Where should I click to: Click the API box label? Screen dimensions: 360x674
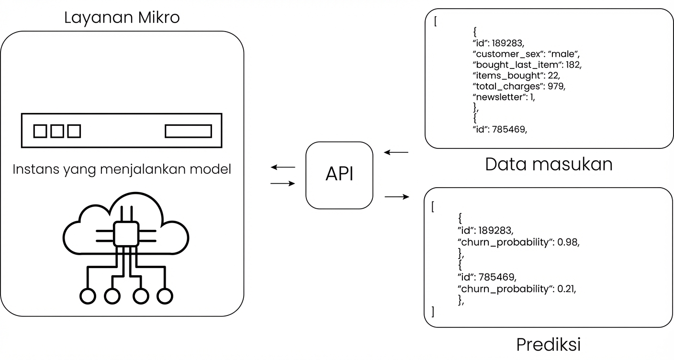[339, 175]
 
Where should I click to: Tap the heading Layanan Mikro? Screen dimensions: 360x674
[122, 18]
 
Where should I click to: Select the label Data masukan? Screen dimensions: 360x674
[549, 164]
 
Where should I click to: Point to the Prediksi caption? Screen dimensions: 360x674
[548, 344]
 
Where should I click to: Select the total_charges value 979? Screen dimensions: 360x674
[558, 87]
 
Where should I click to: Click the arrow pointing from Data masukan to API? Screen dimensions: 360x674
[396, 153]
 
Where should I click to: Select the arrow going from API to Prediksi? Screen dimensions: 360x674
[397, 196]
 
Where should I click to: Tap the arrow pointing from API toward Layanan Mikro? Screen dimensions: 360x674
[283, 168]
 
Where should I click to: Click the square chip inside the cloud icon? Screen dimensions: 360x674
[126, 234]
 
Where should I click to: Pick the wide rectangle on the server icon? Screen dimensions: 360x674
[188, 131]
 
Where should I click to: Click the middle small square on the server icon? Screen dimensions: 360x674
[57, 131]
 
